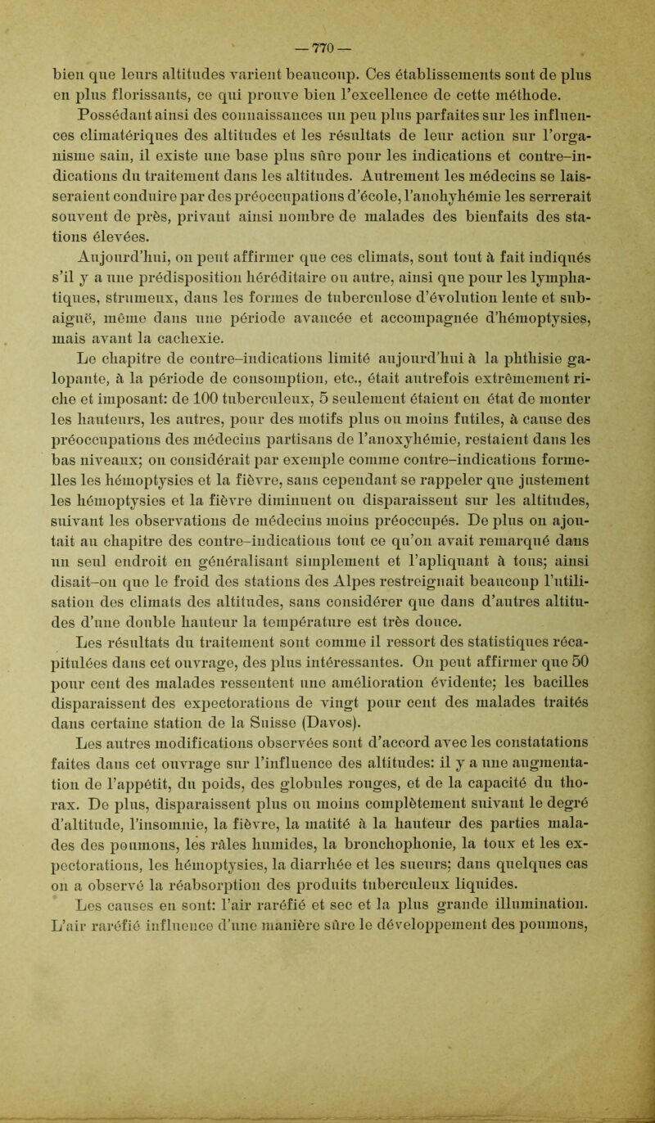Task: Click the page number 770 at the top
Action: tap(327, 16)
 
